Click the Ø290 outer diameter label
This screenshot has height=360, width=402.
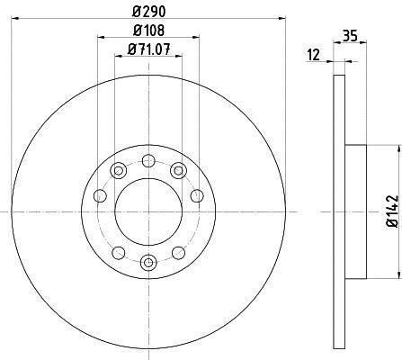pos(149,12)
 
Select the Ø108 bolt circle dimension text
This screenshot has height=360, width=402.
pos(149,31)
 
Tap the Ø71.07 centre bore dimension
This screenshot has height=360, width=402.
pos(149,49)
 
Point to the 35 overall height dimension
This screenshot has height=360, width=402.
pos(350,36)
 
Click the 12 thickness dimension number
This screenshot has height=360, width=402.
pos(314,55)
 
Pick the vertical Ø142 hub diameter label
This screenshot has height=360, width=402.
pos(392,211)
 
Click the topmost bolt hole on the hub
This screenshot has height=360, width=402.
pos(147,160)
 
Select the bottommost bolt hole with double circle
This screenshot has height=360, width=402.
pos(148,263)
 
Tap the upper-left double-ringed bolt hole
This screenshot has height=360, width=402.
pos(119,171)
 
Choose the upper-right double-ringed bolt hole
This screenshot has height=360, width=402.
pos(178,171)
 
